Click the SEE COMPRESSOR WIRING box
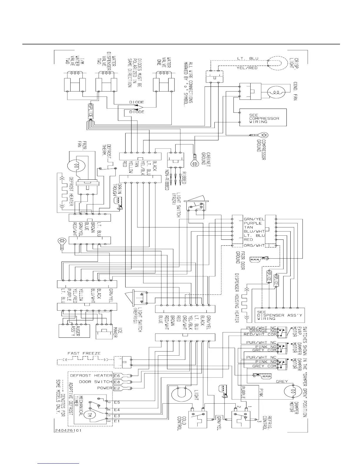[263, 117]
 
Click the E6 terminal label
[117, 375]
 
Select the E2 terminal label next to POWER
[117, 388]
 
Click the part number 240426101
[68, 430]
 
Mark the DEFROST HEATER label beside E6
[91, 376]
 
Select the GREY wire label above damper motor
[281, 382]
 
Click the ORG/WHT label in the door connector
[254, 245]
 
